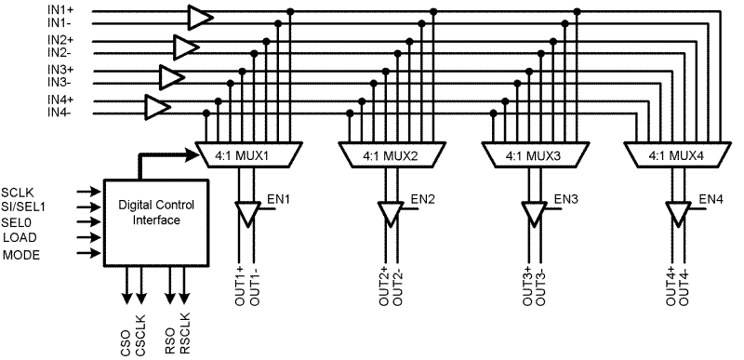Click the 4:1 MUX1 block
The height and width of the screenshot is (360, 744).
(246, 154)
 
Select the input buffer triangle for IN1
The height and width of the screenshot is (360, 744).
(199, 17)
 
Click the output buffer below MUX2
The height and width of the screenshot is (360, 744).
(390, 213)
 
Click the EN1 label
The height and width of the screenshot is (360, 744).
(279, 199)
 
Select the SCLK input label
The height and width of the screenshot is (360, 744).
(19, 192)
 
